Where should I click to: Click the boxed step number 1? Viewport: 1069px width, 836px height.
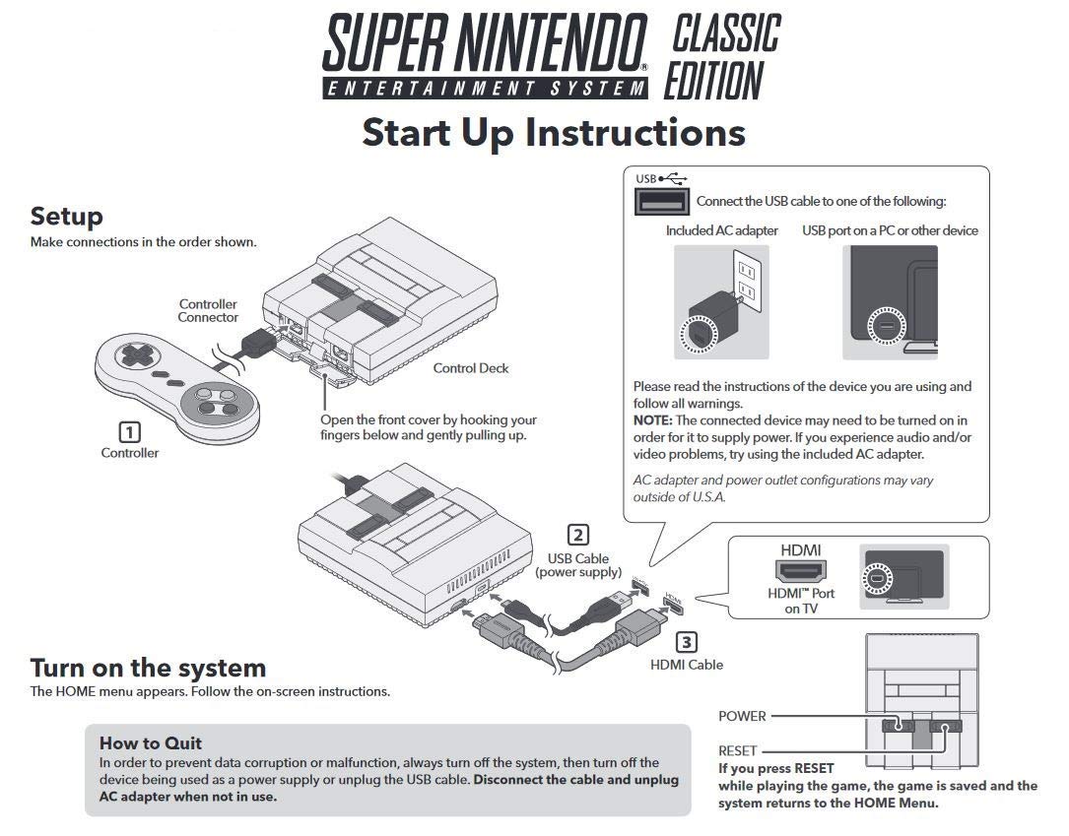pos(129,431)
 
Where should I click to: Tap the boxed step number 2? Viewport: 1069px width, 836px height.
pos(578,536)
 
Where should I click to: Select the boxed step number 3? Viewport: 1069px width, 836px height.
pos(687,642)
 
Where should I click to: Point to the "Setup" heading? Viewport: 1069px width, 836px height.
pos(66,216)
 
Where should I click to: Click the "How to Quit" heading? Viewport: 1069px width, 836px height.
pos(150,742)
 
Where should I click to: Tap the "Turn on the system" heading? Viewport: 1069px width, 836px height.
pos(148,668)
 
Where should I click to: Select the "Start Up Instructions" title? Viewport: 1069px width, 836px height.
pos(553,132)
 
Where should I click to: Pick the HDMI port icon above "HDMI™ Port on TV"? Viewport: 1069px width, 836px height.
pos(801,570)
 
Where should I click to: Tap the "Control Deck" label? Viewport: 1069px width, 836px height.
pos(471,368)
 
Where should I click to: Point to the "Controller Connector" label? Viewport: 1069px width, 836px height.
pos(208,311)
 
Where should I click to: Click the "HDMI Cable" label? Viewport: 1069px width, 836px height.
pos(686,665)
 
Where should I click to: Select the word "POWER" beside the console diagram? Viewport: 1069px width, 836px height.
pos(742,716)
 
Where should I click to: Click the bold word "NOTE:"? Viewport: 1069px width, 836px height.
pos(652,419)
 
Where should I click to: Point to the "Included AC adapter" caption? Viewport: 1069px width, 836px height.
pos(721,230)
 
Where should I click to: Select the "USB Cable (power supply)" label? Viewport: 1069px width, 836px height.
pos(578,565)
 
